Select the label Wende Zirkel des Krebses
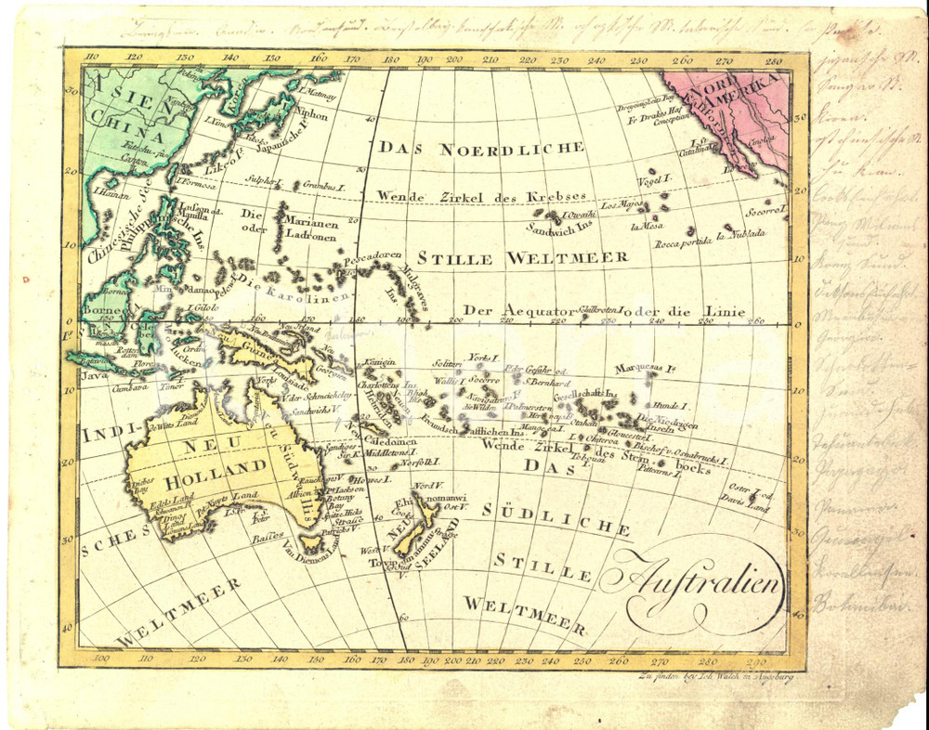[482, 197]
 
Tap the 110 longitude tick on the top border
[90, 57]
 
